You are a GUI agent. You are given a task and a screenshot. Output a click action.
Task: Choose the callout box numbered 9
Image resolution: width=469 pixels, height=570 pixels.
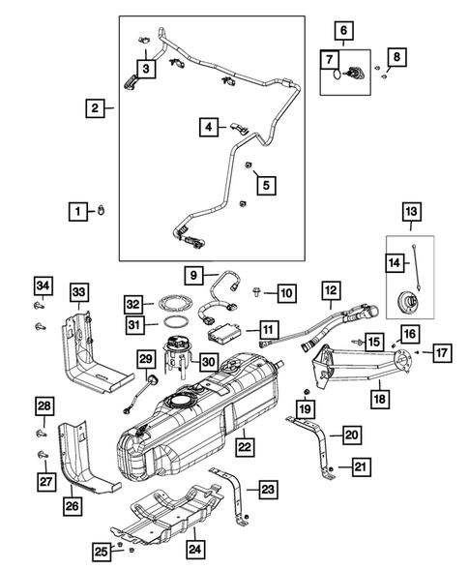point(195,275)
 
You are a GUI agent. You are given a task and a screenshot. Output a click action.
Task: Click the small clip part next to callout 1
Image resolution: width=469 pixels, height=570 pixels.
point(103,209)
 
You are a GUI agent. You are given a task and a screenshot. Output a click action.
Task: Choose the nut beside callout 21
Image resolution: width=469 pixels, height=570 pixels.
point(332,468)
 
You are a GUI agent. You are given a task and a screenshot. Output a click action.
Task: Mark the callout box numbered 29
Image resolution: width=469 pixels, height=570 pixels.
point(146,360)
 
